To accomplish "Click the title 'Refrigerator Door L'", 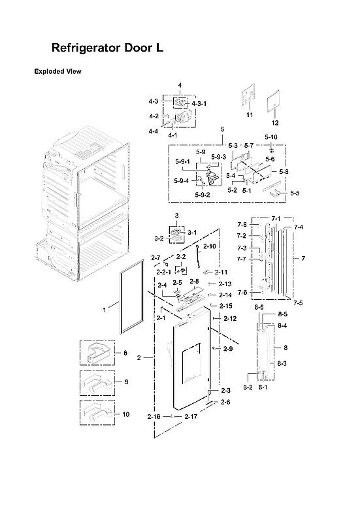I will [x=107, y=48].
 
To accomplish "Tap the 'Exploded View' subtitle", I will [x=57, y=71].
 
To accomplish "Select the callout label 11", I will [x=249, y=115].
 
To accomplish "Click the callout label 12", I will [x=274, y=123].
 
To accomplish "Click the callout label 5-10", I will [x=270, y=137].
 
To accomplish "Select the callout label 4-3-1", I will [x=199, y=104].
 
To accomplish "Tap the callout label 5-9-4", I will [x=182, y=181].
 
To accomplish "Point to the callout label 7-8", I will [x=242, y=224].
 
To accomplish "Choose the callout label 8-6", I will [x=259, y=306].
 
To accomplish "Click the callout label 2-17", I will [x=191, y=416].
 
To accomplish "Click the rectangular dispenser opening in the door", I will [x=194, y=362].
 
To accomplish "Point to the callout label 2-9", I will [x=227, y=349].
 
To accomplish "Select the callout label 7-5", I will [x=297, y=303].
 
